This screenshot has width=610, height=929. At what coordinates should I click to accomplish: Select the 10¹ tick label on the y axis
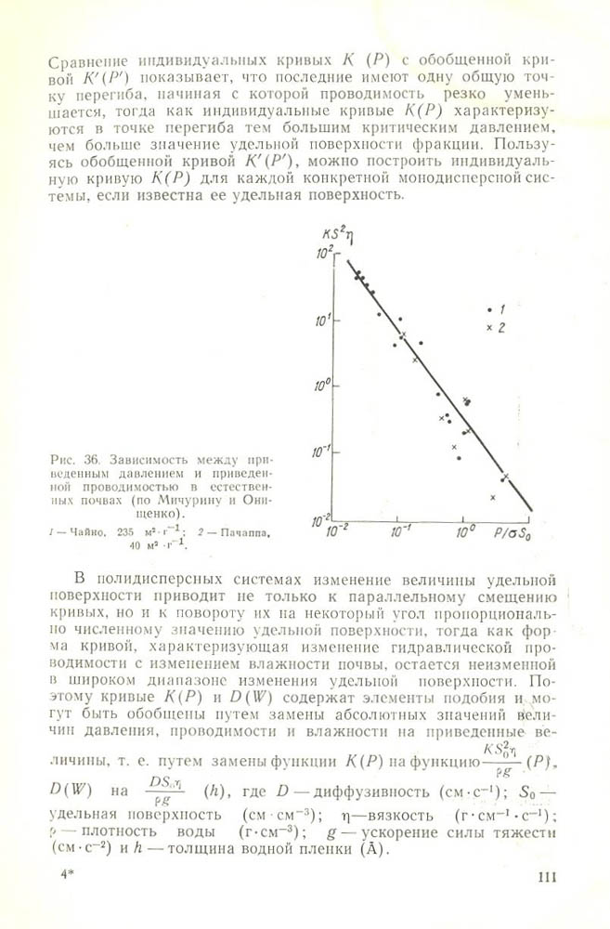(x=321, y=320)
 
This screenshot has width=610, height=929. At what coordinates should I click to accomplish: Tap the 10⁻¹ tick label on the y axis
(x=321, y=451)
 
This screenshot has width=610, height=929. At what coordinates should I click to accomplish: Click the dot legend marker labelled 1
(x=489, y=308)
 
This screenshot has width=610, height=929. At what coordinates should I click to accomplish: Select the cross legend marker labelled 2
(x=488, y=328)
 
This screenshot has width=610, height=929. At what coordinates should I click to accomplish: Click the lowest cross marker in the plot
(x=494, y=498)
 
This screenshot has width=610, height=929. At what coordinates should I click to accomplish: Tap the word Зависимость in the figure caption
(x=142, y=458)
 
